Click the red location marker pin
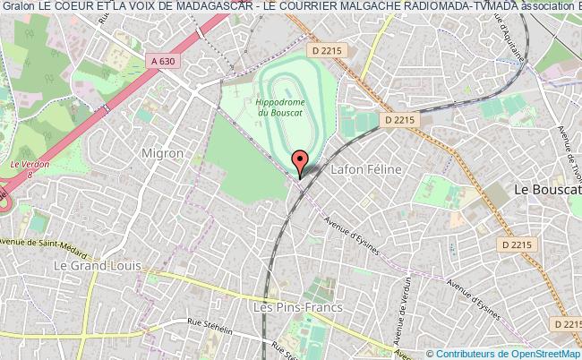pyautogui.click(x=301, y=161)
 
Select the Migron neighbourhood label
pyautogui.click(x=162, y=153)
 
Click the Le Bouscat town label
pyautogui.click(x=545, y=189)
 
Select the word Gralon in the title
pyautogui.click(x=17, y=7)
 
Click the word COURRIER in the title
pyautogui.click(x=296, y=7)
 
